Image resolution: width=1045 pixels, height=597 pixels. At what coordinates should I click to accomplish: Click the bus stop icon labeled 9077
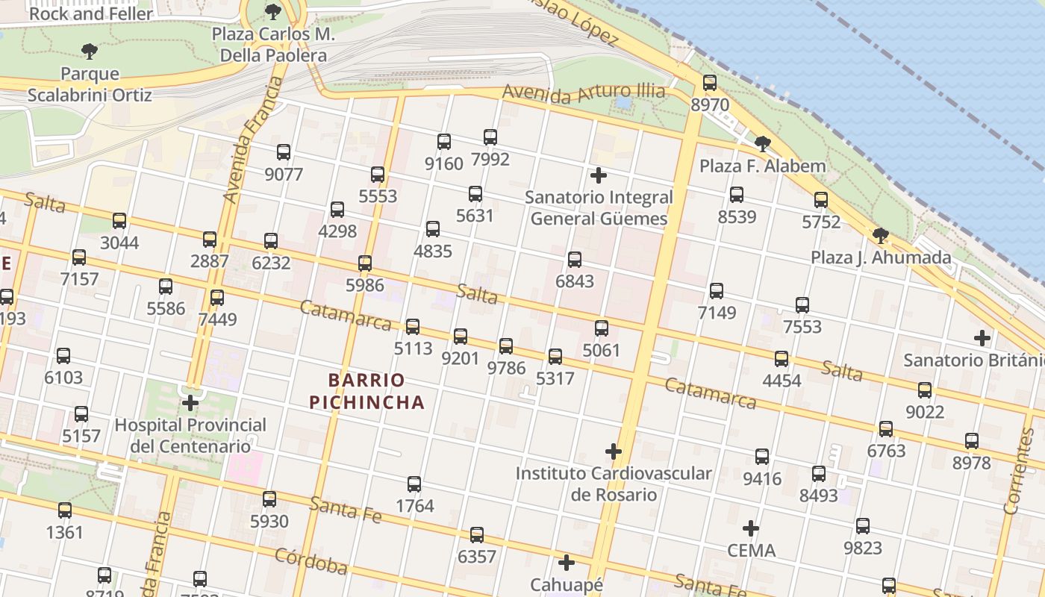tap(284, 152)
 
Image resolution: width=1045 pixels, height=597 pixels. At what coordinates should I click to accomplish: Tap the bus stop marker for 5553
tap(378, 175)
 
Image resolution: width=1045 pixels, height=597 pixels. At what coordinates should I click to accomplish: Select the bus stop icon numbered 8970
tap(710, 83)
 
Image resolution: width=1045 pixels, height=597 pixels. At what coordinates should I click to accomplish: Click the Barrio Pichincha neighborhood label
tap(367, 392)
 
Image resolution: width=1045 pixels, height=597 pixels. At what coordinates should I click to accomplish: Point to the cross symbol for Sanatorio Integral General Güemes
tap(599, 176)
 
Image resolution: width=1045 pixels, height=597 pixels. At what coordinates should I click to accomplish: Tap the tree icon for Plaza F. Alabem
tap(762, 143)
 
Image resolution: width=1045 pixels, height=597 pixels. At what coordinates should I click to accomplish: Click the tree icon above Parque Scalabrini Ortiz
tap(90, 51)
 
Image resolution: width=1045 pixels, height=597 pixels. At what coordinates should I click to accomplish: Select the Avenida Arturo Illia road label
tap(583, 93)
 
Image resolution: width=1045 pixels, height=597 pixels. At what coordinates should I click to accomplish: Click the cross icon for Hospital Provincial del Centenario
tap(190, 403)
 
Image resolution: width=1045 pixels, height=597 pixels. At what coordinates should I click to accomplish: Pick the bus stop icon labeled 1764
tap(414, 484)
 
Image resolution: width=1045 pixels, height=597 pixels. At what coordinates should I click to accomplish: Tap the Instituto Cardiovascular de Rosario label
tap(614, 484)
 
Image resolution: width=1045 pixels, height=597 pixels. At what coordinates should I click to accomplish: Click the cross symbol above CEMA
tap(751, 528)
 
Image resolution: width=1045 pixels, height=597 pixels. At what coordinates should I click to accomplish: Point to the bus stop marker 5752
tap(821, 199)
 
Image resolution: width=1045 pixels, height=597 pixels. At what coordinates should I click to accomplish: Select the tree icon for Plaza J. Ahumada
tap(881, 236)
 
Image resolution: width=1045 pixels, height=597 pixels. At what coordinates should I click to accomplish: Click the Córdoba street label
tap(311, 561)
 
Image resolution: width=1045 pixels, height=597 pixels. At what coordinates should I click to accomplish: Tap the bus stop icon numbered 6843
tap(575, 259)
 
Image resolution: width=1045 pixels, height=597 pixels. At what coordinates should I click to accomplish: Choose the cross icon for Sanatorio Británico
tap(982, 338)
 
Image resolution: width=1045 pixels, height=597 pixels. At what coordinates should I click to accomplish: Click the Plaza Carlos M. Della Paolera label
tap(273, 45)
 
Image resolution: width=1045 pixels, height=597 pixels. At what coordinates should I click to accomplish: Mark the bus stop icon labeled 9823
tap(863, 525)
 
